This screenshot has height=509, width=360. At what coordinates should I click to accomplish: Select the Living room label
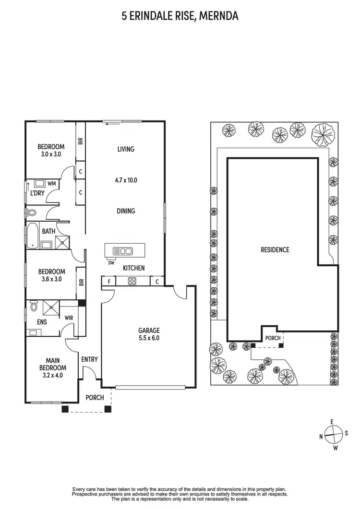coord(126,149)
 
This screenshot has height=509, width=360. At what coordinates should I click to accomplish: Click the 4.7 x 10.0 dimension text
coord(126,180)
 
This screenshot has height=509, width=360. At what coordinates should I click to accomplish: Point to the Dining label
coord(126,211)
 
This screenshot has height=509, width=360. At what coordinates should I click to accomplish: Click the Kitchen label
coord(133,268)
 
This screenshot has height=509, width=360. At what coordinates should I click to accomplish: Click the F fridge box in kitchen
coord(108,282)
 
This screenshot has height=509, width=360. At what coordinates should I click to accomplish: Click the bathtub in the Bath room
coord(33,236)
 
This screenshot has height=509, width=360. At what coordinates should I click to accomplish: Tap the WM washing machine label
coord(51,183)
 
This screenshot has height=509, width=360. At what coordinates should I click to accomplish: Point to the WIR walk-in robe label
coord(68,317)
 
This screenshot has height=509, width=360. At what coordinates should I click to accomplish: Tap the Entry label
coord(89,359)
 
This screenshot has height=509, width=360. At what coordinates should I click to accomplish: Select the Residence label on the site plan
coord(275,249)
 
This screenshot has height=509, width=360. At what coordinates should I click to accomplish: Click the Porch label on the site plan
coord(273,338)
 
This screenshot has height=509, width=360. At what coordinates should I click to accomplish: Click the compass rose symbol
coord(333,435)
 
